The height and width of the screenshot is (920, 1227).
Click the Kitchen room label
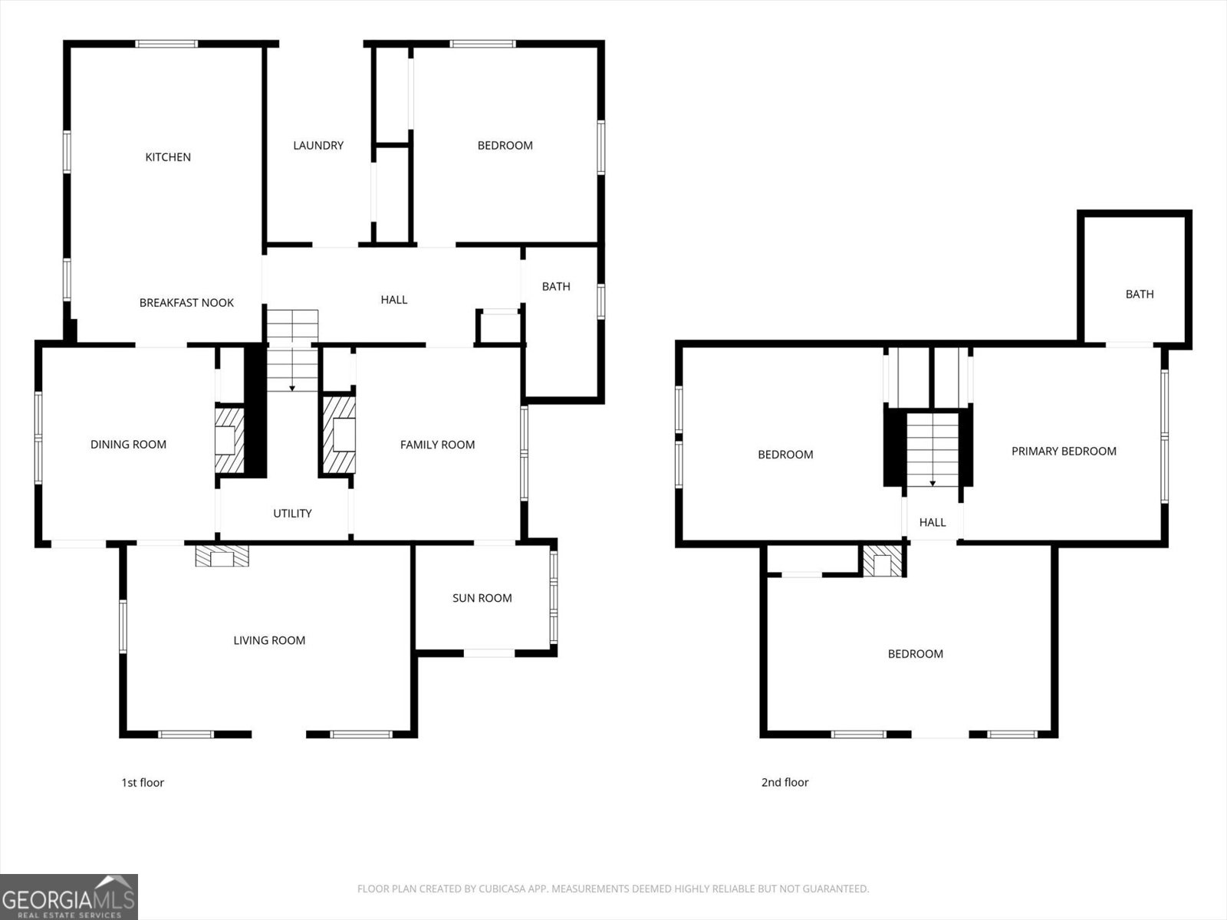(168, 157)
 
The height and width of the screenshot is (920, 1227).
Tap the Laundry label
(318, 145)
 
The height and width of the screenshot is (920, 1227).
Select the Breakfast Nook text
(186, 303)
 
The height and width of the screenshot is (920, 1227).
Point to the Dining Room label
(128, 444)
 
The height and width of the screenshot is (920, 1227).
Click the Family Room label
(437, 445)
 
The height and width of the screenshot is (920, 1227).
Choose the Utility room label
(292, 514)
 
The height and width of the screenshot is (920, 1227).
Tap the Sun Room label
(482, 598)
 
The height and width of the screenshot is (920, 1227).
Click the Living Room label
(269, 640)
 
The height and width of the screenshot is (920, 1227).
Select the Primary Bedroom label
(1063, 451)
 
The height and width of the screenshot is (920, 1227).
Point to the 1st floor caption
(143, 782)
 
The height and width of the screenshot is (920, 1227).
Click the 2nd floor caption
(785, 782)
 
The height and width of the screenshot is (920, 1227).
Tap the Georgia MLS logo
(69, 896)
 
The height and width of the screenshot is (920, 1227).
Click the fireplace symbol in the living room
(222, 556)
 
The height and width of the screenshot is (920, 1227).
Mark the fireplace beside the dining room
(230, 441)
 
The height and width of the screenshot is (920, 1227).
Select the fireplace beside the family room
(339, 435)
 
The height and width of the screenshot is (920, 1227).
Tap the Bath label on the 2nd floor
(1140, 294)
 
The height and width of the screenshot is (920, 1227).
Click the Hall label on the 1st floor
(393, 300)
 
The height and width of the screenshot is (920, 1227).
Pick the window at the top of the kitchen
(166, 44)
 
